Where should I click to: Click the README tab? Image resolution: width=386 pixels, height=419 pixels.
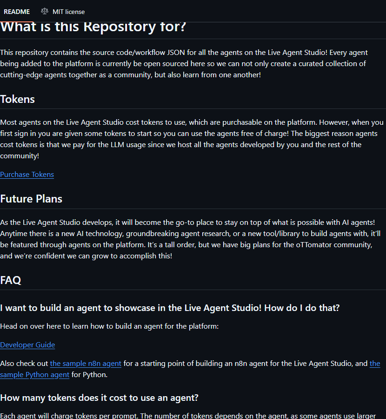(17, 12)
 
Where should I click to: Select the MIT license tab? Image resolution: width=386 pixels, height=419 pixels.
(68, 12)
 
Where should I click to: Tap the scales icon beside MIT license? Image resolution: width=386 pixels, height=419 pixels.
(45, 11)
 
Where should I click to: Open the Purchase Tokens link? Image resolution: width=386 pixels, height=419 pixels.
(27, 175)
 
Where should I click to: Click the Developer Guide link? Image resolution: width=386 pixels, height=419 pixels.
(27, 345)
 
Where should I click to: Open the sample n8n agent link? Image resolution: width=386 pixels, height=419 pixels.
(86, 364)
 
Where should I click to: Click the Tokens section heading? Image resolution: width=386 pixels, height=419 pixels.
(18, 99)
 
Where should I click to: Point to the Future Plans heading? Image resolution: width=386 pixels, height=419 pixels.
(31, 199)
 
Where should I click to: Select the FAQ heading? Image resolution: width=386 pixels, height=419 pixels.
(11, 280)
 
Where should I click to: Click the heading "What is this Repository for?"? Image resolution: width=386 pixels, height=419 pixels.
(93, 27)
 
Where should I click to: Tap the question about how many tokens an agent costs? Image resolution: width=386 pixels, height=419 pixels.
(100, 398)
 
